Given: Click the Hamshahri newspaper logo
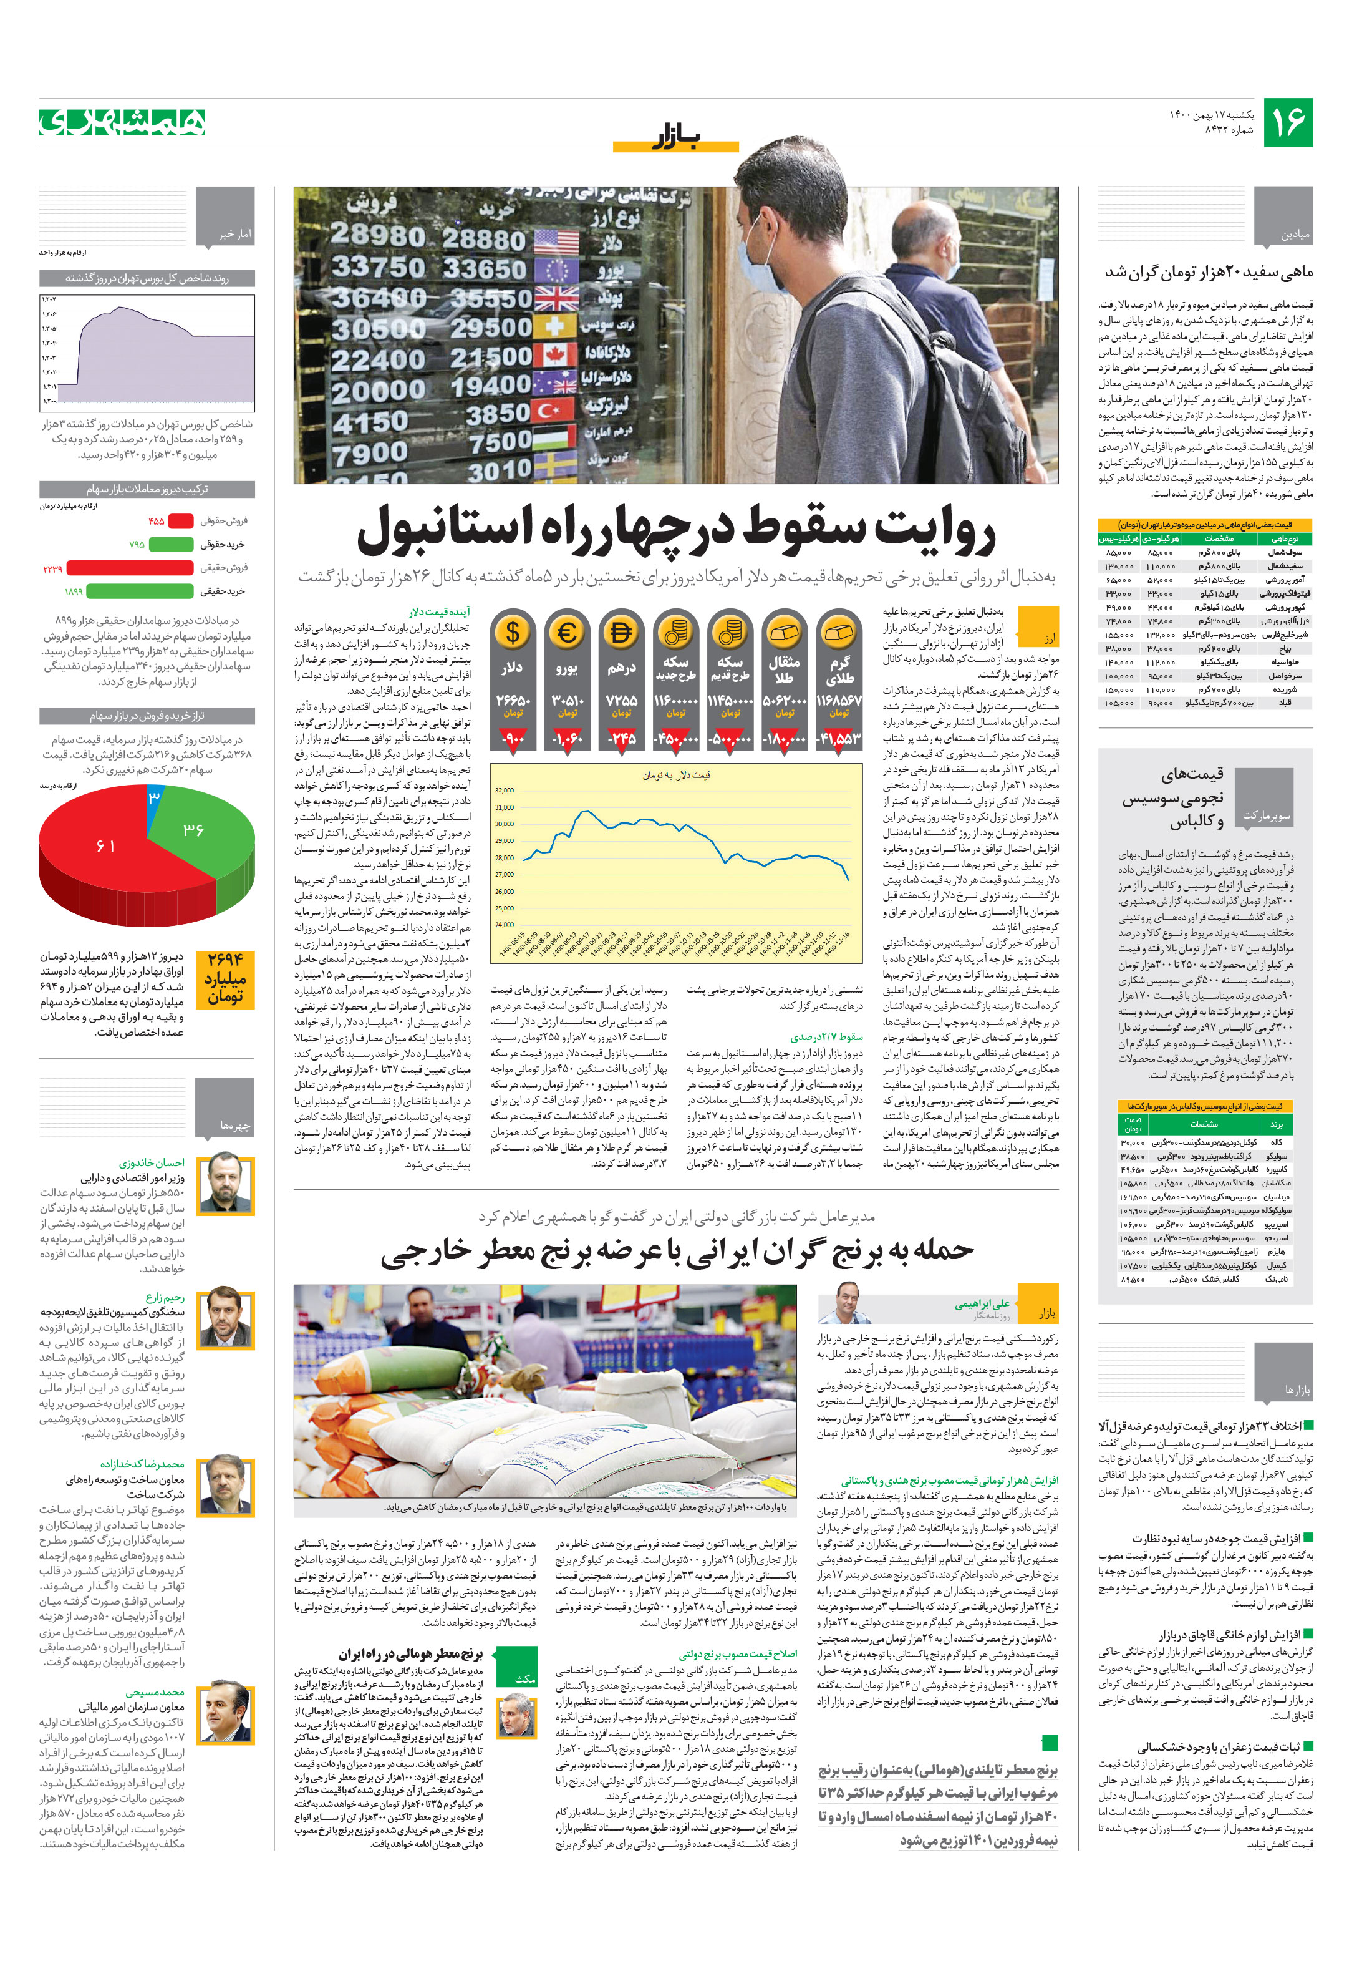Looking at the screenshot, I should pyautogui.click(x=122, y=123).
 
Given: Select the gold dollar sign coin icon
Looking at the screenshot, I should pyautogui.click(x=512, y=633).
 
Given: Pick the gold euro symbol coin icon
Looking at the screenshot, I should pyautogui.click(x=567, y=633).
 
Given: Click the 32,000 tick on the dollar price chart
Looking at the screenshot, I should pyautogui.click(x=505, y=790).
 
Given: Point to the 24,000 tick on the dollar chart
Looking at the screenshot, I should pyautogui.click(x=505, y=925).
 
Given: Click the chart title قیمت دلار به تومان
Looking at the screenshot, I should pyautogui.click(x=676, y=775).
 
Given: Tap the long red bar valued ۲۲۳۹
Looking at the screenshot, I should pyautogui.click(x=130, y=568).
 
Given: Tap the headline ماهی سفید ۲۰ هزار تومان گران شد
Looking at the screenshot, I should pyautogui.click(x=1208, y=271).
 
